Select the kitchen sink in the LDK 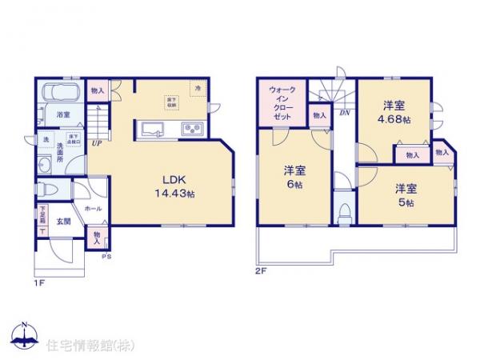pos(153,128)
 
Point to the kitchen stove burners pos(193,128)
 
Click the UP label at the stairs pos(96,144)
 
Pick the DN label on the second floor pos(344,114)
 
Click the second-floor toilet pos(344,211)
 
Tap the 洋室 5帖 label pos(403,194)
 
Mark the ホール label pos(93,206)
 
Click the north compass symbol pos(24,334)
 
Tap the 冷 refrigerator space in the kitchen pos(194,86)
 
